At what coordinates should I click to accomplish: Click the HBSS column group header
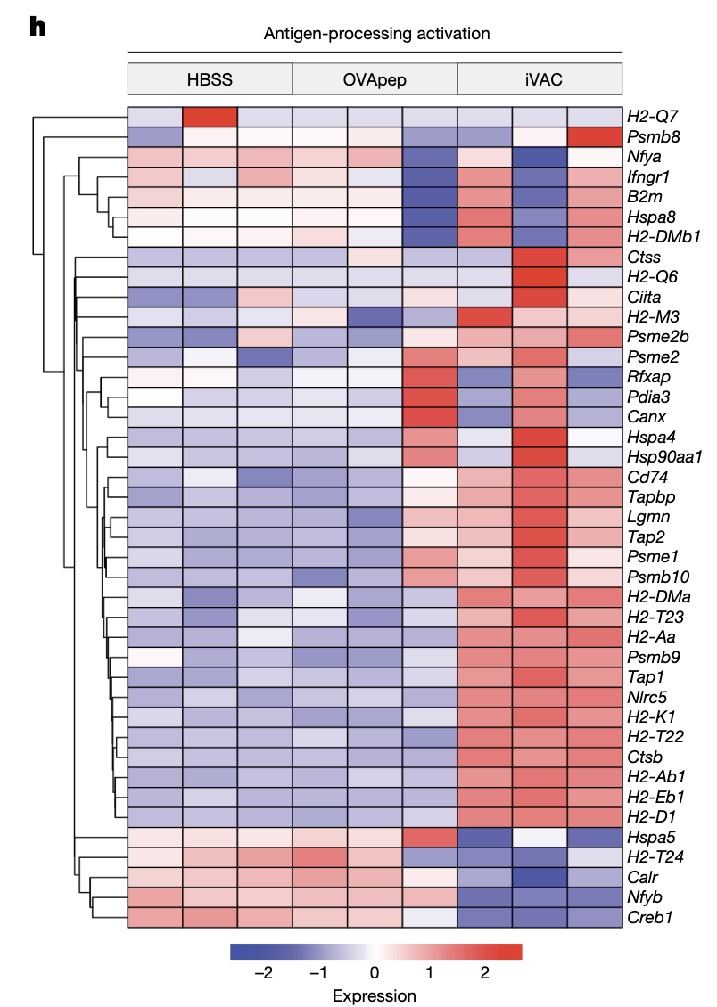click(x=210, y=79)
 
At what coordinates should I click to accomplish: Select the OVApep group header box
click(x=375, y=79)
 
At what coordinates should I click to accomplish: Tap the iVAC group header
click(x=540, y=79)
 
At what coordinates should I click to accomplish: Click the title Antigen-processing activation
click(x=376, y=34)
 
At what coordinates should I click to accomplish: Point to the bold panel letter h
click(x=37, y=27)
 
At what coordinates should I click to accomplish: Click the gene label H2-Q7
click(x=652, y=118)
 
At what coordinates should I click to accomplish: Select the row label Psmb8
click(x=654, y=138)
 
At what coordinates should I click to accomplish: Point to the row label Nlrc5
click(x=648, y=697)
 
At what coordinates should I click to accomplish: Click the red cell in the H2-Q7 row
click(x=210, y=118)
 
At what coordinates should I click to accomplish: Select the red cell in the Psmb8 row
click(x=594, y=138)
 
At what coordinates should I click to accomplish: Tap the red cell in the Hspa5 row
click(x=430, y=837)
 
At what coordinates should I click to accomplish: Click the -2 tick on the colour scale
click(x=264, y=973)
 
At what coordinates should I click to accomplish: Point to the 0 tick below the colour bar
click(x=375, y=973)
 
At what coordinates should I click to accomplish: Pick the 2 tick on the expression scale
click(x=484, y=973)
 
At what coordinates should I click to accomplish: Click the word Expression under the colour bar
click(x=375, y=995)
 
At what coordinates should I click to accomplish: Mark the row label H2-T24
click(x=654, y=857)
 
